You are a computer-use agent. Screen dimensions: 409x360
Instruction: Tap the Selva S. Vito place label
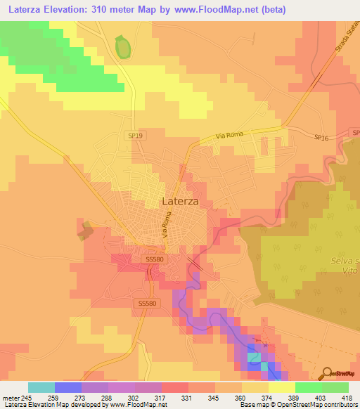coord(347,266)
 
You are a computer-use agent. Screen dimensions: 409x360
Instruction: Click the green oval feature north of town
coord(123,48)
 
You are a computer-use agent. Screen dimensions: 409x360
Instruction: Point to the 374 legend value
coord(257,398)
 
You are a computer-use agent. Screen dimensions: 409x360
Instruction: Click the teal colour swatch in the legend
coord(41,387)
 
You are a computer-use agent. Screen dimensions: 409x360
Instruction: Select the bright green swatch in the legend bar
coord(309,387)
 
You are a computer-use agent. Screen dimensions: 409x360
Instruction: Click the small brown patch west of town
coord(87,230)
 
